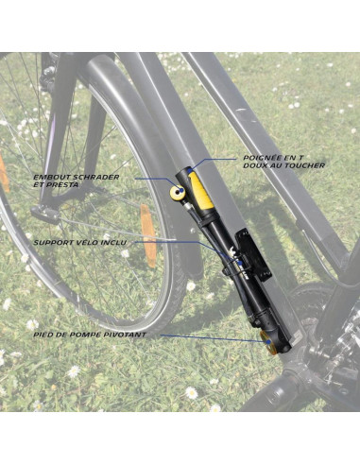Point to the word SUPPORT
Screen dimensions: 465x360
53,242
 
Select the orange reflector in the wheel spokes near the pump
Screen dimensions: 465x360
147,232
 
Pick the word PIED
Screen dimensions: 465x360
44,335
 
